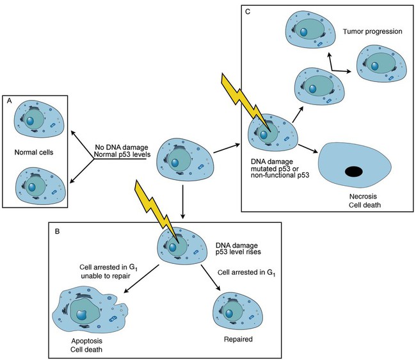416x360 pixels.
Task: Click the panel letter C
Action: coord(248,12)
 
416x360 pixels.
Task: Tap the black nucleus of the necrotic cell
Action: coord(353,172)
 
